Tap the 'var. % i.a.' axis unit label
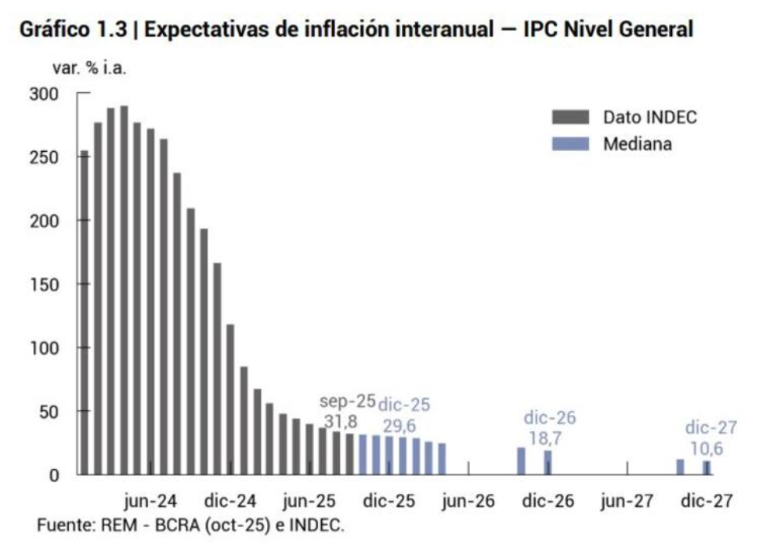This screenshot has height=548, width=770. click(89, 67)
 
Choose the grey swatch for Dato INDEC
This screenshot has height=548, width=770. click(570, 117)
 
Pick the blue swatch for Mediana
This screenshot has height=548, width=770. click(570, 144)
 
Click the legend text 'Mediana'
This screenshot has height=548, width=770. click(638, 144)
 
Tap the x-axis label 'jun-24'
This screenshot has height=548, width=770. click(150, 501)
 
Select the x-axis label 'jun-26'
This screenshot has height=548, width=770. click(468, 501)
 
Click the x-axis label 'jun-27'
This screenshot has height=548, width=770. click(627, 501)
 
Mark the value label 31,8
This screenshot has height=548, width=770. click(341, 423)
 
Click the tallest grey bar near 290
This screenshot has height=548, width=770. click(124, 290)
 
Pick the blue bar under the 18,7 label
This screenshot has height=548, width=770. click(548, 463)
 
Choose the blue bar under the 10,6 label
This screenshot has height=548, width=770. click(707, 467)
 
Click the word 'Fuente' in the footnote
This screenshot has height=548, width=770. click(63, 525)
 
